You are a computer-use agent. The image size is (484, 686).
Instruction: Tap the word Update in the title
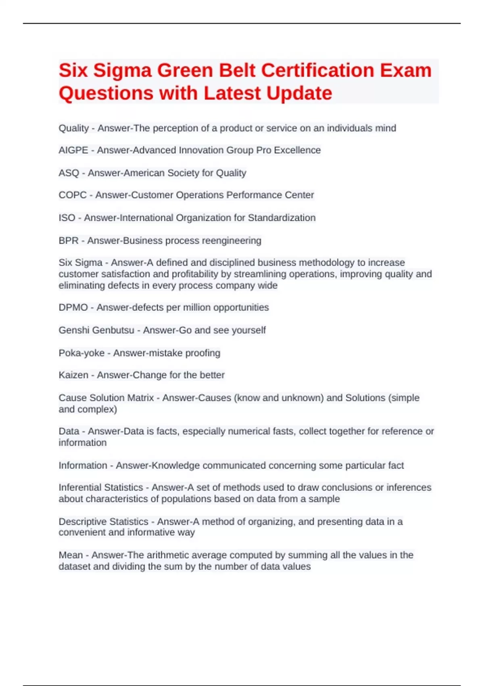299,93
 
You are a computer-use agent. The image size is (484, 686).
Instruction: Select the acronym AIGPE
73,150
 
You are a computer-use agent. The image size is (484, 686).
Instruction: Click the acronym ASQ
69,173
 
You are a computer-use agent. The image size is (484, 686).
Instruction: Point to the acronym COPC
73,195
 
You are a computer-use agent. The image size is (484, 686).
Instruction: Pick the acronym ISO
67,218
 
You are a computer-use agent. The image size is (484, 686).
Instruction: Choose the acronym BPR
69,241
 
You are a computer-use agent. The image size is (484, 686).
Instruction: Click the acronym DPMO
73,307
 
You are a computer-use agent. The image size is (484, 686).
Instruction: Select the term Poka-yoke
81,353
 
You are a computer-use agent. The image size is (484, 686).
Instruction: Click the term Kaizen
73,375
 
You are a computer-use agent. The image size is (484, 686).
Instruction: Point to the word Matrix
140,398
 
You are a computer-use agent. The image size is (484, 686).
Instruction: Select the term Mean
71,555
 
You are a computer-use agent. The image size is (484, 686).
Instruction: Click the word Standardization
282,218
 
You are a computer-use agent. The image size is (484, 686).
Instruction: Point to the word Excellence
297,150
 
